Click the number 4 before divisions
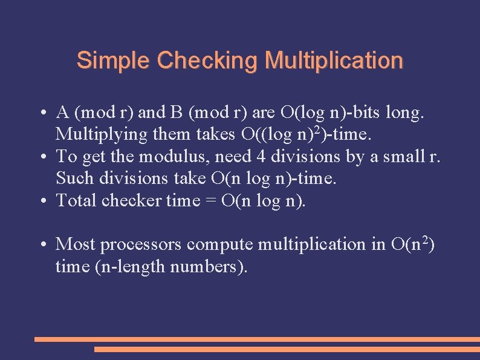261,157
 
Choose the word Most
76,244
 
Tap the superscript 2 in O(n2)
424,240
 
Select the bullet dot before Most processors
45,245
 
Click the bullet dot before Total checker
45,201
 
